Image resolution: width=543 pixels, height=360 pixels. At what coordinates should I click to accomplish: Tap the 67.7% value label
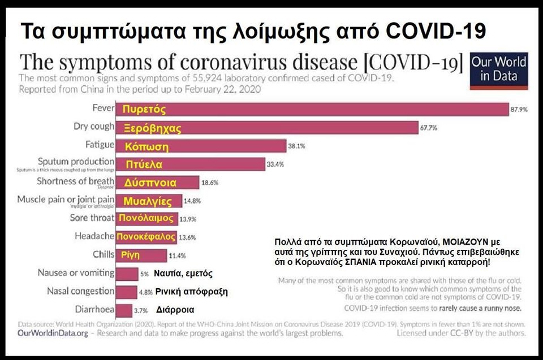pyautogui.click(x=428, y=128)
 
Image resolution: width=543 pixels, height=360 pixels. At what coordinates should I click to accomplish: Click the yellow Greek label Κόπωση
pyautogui.click(x=147, y=147)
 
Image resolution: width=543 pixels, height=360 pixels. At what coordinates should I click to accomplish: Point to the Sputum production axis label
pyautogui.click(x=76, y=162)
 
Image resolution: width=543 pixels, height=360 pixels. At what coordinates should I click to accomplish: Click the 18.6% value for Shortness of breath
pyautogui.click(x=209, y=183)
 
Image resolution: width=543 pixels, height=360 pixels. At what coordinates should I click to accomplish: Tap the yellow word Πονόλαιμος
pyautogui.click(x=146, y=218)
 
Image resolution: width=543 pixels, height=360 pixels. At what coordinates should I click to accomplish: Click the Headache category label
pyautogui.click(x=94, y=236)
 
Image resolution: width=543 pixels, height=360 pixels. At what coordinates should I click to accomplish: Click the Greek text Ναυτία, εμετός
pyautogui.click(x=183, y=274)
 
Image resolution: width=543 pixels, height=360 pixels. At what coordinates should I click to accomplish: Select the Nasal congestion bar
pyautogui.click(x=126, y=292)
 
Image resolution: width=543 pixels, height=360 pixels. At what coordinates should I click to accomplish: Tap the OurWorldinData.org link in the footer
pyautogui.click(x=53, y=333)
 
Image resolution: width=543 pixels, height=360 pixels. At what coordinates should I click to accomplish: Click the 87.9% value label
pyautogui.click(x=519, y=110)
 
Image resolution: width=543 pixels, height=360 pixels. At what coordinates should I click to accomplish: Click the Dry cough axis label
pyautogui.click(x=94, y=127)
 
